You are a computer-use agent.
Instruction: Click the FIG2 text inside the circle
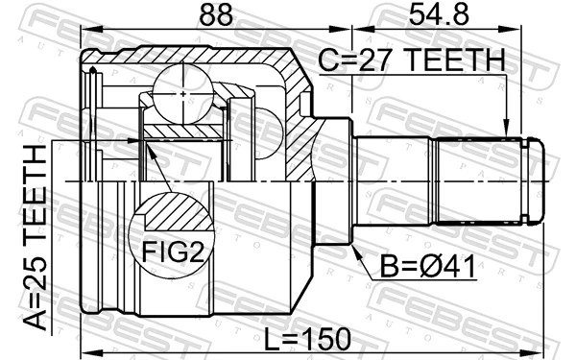[x=168, y=255]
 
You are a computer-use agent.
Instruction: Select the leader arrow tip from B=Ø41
[x=352, y=243]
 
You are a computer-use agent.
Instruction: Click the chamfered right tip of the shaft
[x=537, y=180]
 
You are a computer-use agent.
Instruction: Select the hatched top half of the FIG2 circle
[x=168, y=213]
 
